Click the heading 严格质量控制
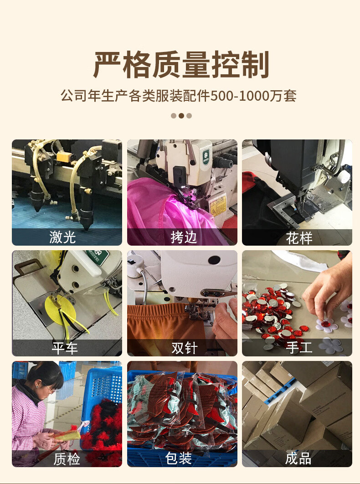181,65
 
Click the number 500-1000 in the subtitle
240,96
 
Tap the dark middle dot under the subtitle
181,116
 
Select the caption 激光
62,237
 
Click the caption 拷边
184,237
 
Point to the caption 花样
299,238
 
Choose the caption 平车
65,348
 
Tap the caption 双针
185,348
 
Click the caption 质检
67,458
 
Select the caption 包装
179,458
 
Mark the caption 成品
298,458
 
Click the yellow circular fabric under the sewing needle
57,309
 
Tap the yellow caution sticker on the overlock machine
218,205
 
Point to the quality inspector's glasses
49,388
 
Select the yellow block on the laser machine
65,156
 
